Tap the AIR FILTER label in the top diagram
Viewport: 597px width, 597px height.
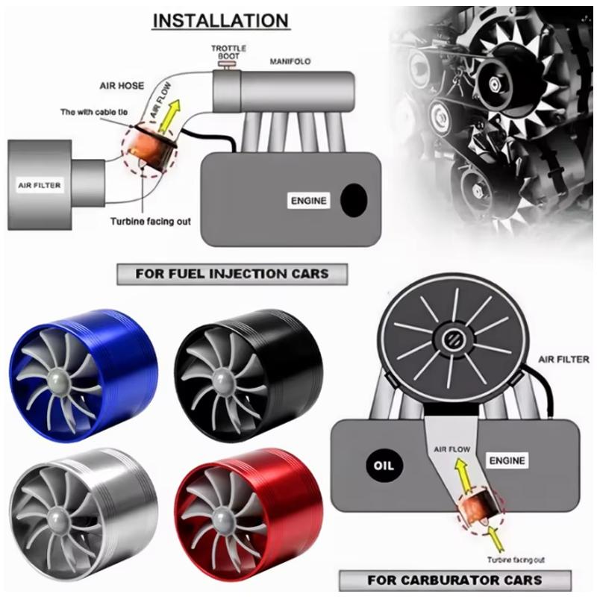40,184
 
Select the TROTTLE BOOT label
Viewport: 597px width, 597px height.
224,51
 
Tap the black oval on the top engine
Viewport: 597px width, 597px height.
353,199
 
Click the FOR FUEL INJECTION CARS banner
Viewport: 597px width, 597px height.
232,274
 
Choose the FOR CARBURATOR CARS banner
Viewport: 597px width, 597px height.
454,579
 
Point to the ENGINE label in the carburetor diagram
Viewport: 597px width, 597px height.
507,460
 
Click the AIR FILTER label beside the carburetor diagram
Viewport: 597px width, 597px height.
563,360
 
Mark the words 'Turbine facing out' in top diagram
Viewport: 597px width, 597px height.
149,221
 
